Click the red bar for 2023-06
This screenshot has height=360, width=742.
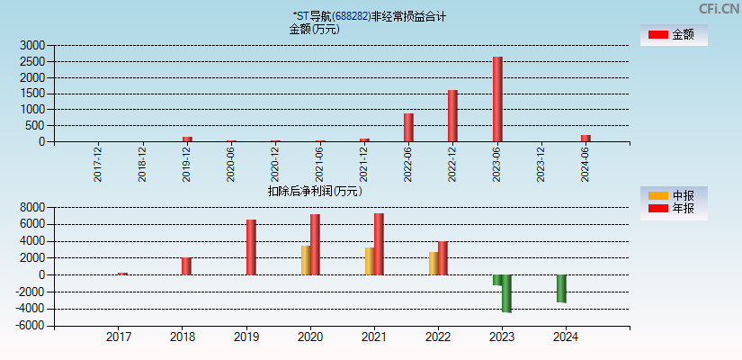click(x=496, y=99)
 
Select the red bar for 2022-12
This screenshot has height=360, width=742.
click(x=452, y=115)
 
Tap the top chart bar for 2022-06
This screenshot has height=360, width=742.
click(x=408, y=127)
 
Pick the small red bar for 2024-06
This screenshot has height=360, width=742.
click(x=586, y=138)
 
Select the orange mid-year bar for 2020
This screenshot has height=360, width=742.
click(x=306, y=260)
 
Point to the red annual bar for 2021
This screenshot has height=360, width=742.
click(x=379, y=244)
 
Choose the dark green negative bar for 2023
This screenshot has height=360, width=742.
click(x=506, y=293)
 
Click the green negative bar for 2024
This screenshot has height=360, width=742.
click(x=561, y=289)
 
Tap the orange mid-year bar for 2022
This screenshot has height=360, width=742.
click(x=434, y=263)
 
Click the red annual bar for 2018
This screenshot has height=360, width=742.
click(x=186, y=265)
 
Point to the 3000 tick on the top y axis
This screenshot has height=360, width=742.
click(x=32, y=45)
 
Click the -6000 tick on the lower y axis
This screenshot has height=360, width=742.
click(x=30, y=326)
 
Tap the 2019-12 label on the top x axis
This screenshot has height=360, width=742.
click(x=187, y=165)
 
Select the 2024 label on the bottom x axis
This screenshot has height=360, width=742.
click(x=566, y=337)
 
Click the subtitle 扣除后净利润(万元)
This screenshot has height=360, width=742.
click(x=314, y=191)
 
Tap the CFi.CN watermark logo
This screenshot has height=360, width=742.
click(x=719, y=8)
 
